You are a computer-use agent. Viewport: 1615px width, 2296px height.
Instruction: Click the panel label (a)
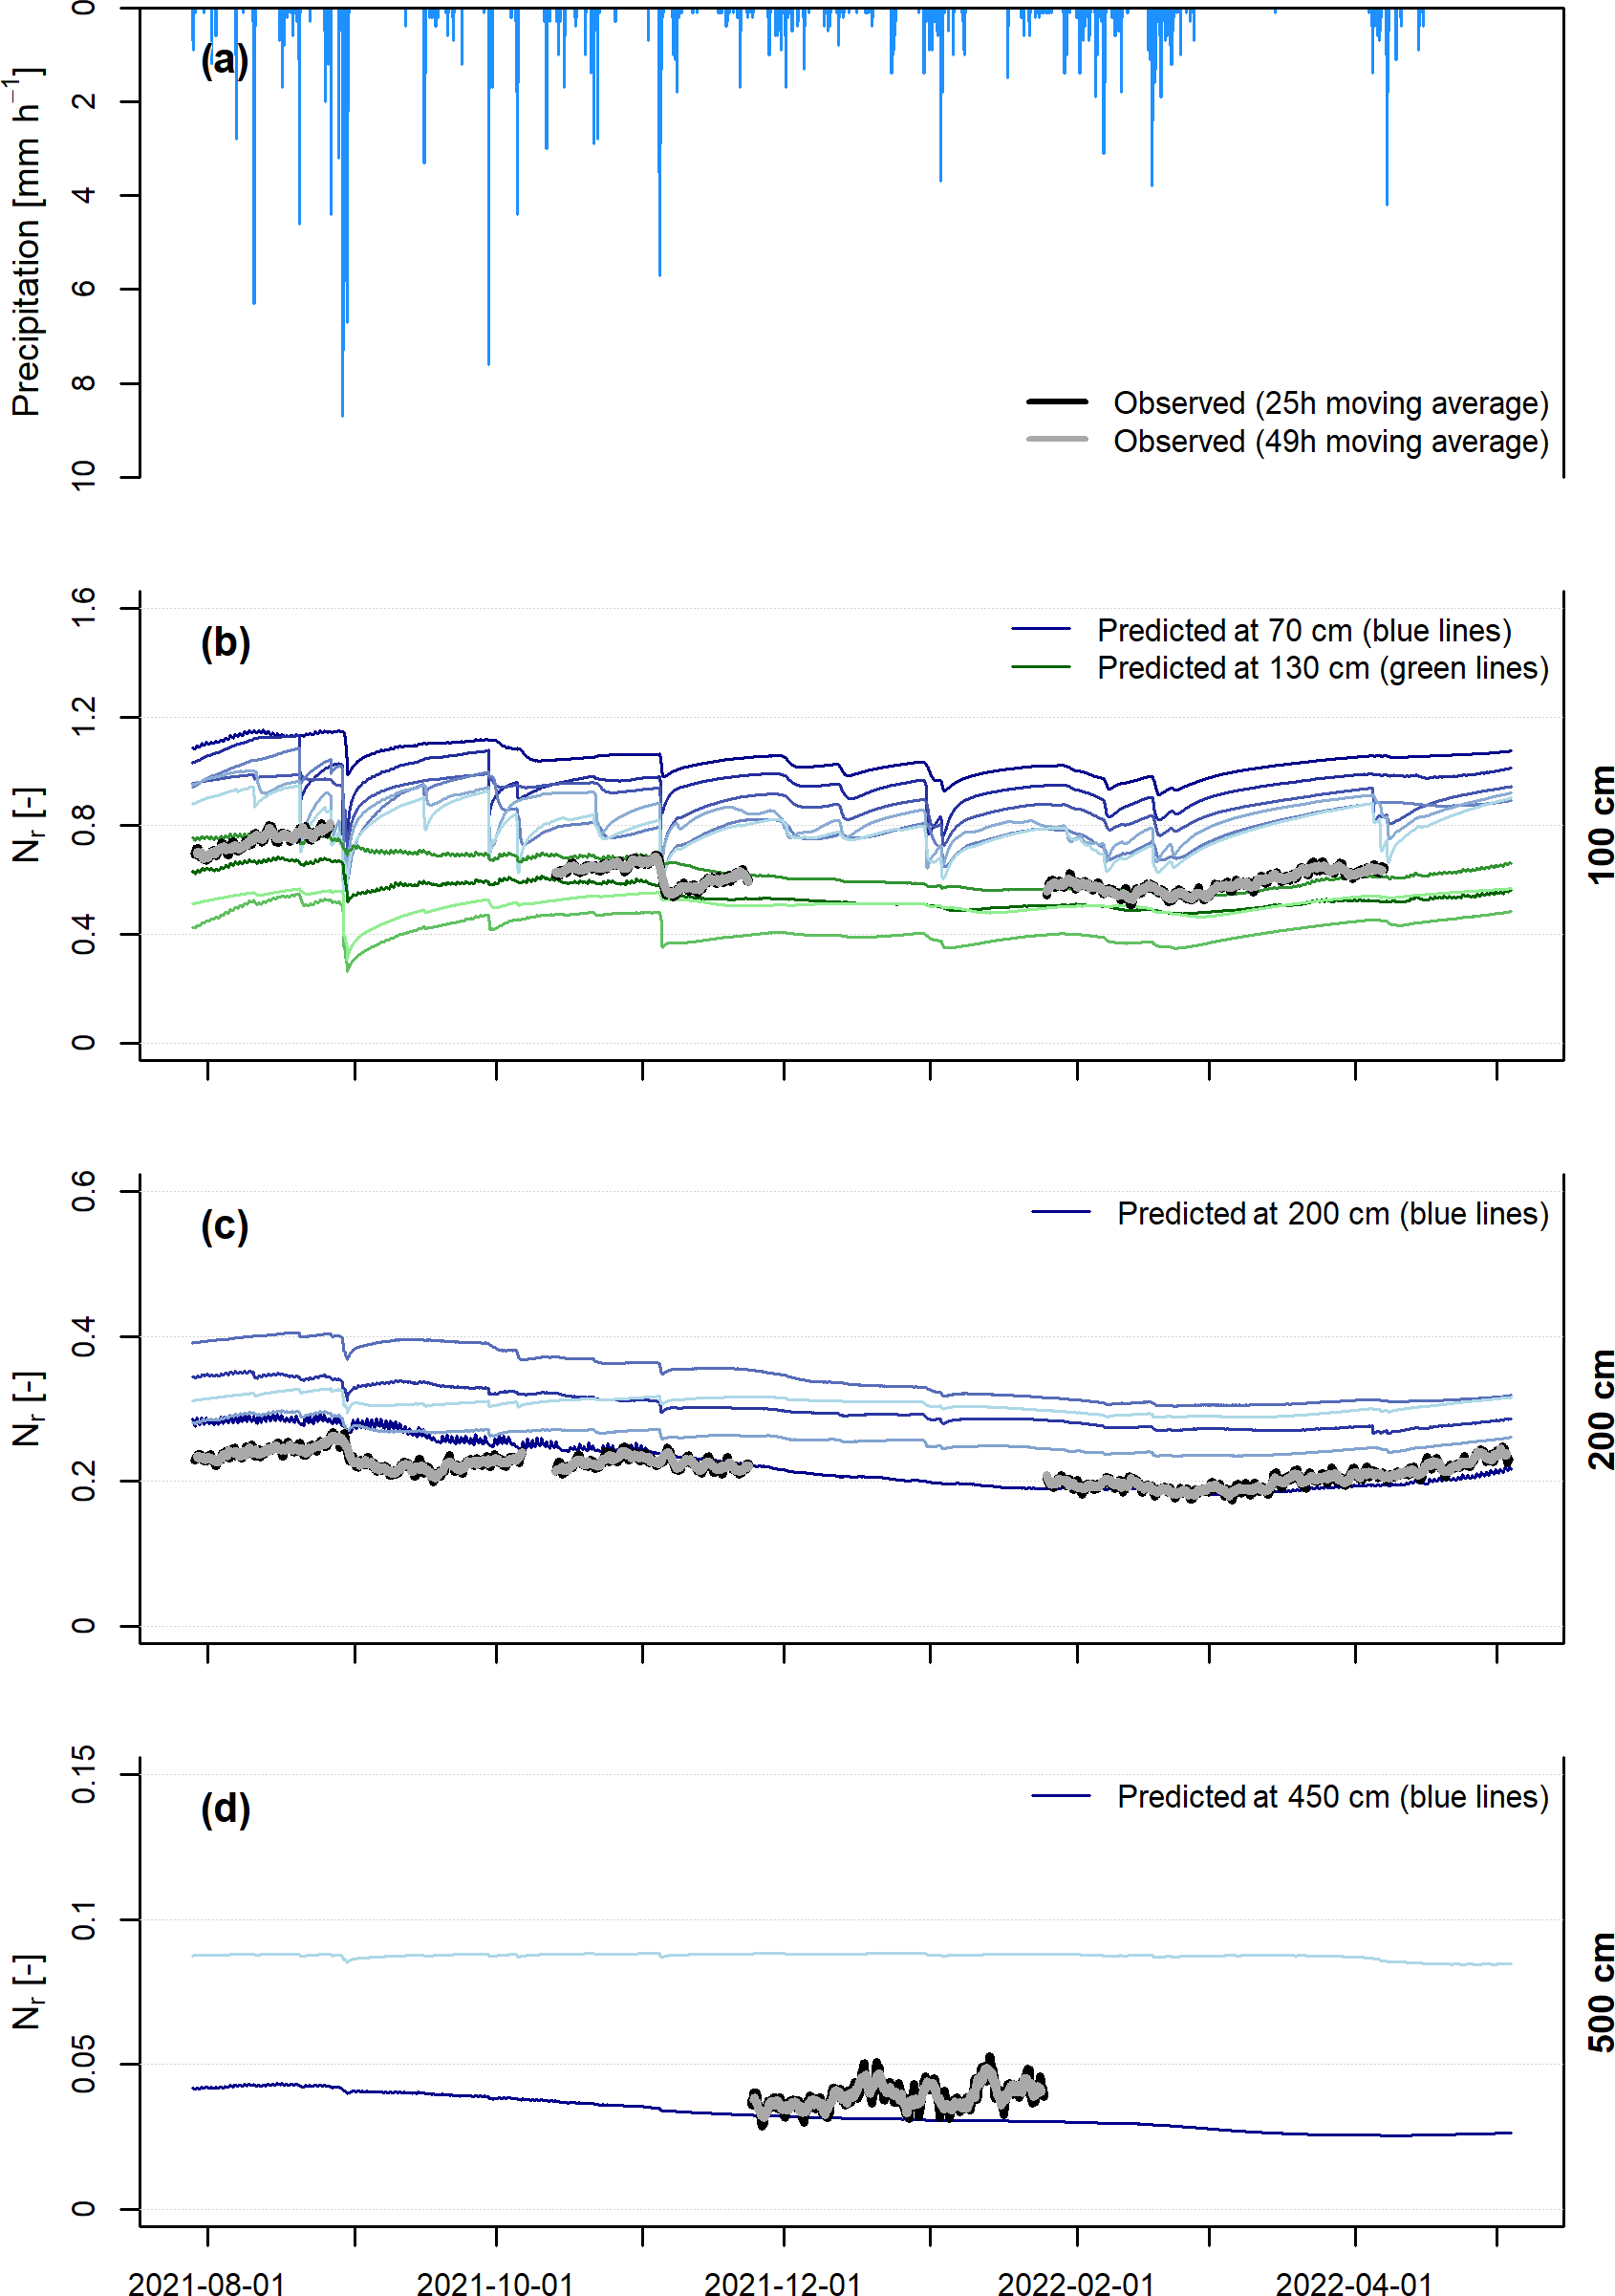click(x=224, y=60)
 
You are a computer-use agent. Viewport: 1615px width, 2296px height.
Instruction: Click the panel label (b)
click(x=225, y=642)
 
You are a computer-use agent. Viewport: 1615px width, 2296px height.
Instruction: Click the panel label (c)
click(x=224, y=1225)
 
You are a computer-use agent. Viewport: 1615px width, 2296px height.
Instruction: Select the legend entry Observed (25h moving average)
click(x=1330, y=403)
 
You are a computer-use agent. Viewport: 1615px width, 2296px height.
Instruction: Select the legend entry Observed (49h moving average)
click(x=1330, y=441)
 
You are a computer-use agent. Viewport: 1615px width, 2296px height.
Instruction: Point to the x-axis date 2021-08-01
click(x=207, y=2282)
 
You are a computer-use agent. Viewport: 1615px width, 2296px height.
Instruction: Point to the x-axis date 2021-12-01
click(x=783, y=2282)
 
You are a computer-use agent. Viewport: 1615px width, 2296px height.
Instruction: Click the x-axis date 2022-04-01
click(x=1355, y=2282)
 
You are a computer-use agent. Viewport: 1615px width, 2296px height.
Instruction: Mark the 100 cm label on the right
click(x=1599, y=825)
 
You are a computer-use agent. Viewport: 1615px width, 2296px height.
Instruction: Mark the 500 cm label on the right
click(x=1599, y=1992)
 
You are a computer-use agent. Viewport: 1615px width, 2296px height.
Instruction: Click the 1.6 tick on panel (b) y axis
click(x=83, y=607)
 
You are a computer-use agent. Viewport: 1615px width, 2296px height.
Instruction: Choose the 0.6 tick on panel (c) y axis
click(x=83, y=1190)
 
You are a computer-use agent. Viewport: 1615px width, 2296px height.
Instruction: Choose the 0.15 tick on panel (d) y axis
click(x=83, y=1774)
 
